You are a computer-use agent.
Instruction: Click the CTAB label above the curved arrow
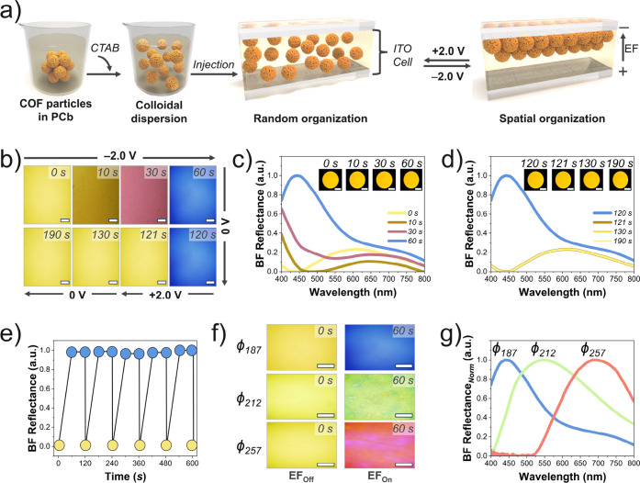[x=105, y=48]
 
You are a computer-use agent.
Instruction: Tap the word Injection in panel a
[x=213, y=64]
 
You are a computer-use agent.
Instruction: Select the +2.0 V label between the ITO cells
[x=448, y=51]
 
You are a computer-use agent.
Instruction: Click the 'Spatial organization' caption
[x=552, y=118]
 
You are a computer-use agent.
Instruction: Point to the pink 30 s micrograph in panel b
[x=144, y=195]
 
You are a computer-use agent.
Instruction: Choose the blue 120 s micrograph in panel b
[x=193, y=257]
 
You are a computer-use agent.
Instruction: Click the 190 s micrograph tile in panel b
[x=48, y=257]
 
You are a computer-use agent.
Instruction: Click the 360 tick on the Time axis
[x=139, y=463]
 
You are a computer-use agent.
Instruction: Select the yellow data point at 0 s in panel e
[x=59, y=445]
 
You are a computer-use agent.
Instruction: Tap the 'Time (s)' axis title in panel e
[x=125, y=476]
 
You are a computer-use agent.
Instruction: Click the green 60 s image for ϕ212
[x=379, y=397]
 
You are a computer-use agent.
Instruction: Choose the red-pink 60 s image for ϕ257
[x=379, y=445]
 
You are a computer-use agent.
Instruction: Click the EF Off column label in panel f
[x=301, y=476]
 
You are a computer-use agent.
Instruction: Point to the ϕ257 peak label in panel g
[x=593, y=350]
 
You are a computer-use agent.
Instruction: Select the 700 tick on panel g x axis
[x=598, y=463]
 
